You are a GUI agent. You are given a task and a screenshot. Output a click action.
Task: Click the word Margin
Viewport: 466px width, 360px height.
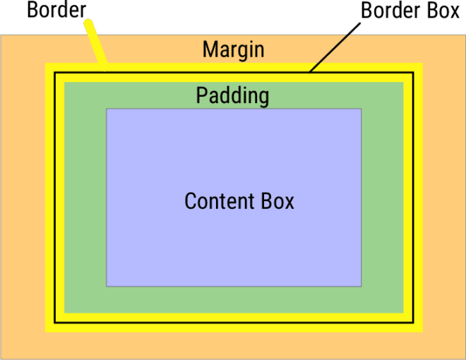pos(233,49)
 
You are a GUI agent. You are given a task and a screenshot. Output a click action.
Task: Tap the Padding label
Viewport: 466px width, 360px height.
pos(232,95)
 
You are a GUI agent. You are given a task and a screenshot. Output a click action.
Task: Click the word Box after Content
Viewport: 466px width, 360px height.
pos(276,201)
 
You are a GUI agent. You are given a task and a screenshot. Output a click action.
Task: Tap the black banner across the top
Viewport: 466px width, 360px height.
pos(233,16)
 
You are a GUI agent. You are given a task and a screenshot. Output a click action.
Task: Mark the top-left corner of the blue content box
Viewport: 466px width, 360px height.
pos(107,109)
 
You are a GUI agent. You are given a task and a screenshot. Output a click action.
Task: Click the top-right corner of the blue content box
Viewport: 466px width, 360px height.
pos(362,109)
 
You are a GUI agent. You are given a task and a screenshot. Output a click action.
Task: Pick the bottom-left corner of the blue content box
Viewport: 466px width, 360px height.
pos(107,286)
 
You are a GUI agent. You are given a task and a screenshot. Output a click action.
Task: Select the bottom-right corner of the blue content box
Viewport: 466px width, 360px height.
pos(362,286)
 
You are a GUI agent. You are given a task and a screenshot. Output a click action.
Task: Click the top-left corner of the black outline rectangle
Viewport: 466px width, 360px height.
pos(55,73)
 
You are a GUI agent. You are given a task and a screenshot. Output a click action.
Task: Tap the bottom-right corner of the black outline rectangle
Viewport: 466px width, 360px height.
pos(412,323)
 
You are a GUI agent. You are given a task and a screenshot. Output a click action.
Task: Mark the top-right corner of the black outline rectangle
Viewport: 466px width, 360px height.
pos(412,73)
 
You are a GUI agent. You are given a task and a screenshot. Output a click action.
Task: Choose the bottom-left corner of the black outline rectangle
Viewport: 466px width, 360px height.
pos(55,323)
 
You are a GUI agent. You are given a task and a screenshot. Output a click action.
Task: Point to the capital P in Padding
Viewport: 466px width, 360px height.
pos(202,95)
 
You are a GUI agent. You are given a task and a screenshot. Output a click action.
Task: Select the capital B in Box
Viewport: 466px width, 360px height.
pos(265,201)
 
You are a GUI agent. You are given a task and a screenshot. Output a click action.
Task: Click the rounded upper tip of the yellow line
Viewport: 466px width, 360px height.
pos(88,23)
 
